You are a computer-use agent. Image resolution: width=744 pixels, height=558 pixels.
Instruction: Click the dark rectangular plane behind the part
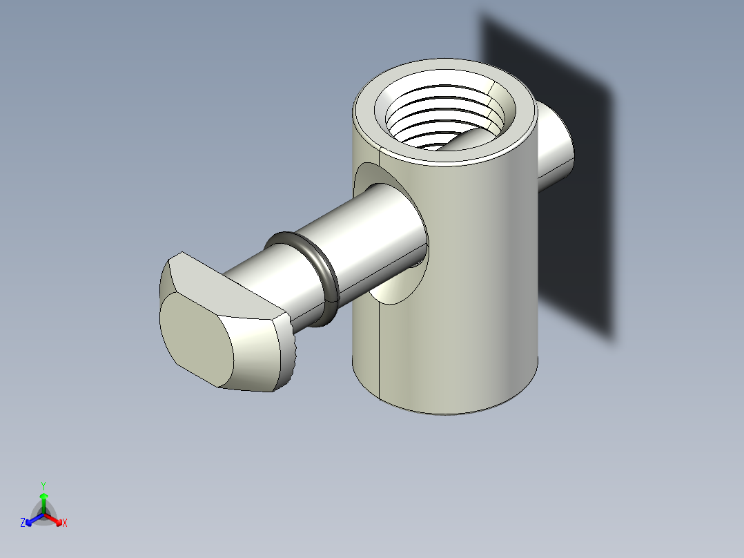580,207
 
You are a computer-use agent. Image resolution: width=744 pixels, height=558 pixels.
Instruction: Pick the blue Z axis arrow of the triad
32,519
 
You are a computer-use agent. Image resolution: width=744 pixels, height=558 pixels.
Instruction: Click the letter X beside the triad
65,523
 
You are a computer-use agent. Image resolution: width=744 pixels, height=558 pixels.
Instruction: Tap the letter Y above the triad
43,485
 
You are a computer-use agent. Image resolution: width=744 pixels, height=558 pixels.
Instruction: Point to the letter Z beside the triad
23,523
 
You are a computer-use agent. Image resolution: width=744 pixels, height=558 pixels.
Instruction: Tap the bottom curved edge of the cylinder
449,414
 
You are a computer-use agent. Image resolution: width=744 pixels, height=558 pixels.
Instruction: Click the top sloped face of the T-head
221,283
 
